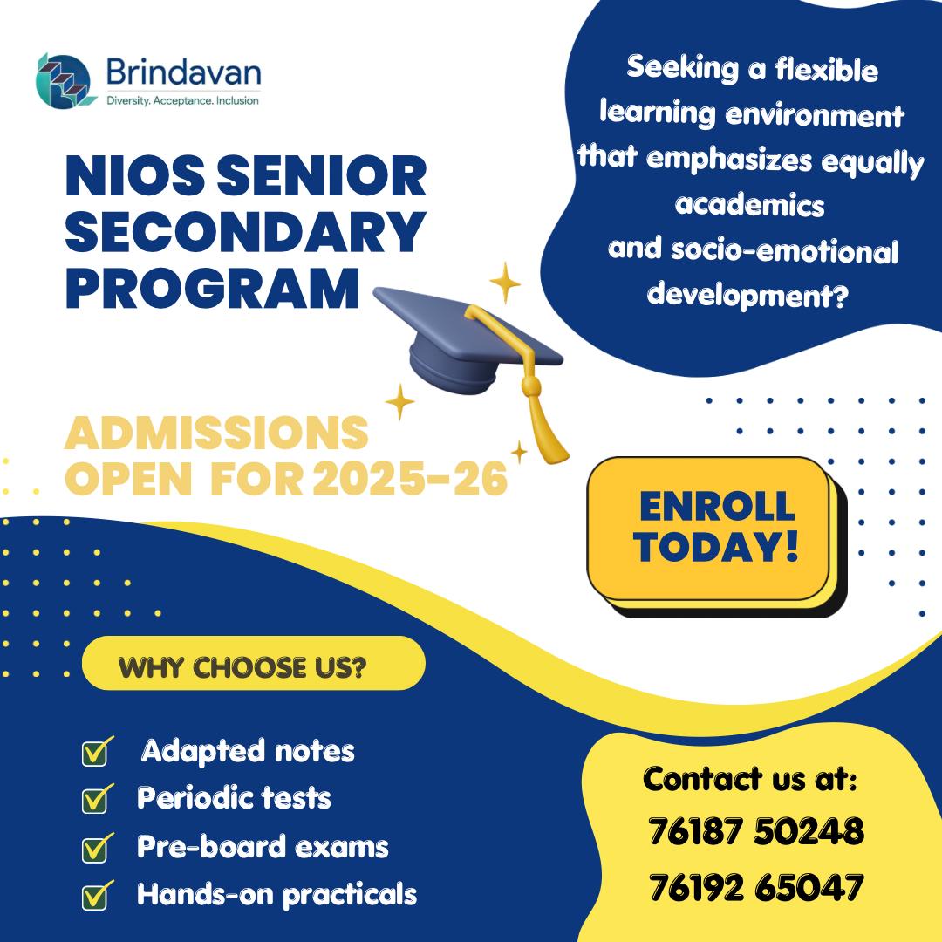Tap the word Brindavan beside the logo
[182, 72]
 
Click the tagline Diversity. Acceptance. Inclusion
[182, 100]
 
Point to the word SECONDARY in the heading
[245, 234]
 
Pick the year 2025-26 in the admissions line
[410, 479]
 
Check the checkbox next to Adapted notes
[95, 753]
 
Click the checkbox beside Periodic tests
[95, 799]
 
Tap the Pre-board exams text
[263, 847]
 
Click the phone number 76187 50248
[756, 831]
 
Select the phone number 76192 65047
[756, 888]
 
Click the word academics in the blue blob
[750, 206]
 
